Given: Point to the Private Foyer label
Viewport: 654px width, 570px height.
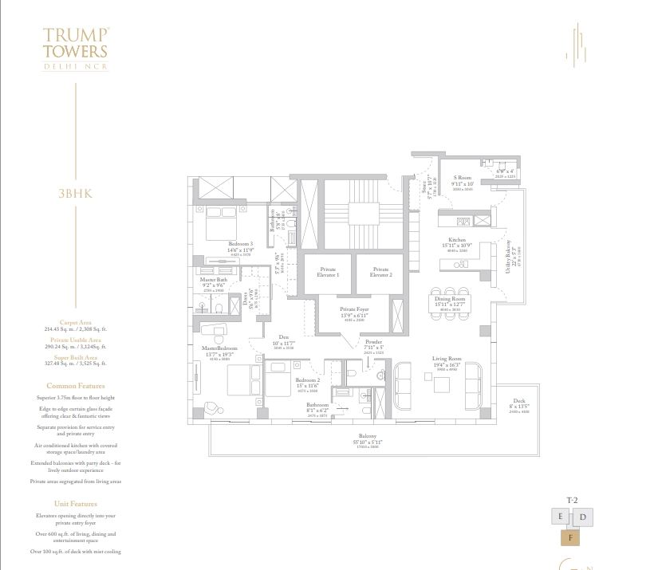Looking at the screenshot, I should tap(353, 309).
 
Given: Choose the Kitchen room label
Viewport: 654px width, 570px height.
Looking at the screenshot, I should tap(456, 239).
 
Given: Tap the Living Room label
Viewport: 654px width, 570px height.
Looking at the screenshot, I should tap(447, 359).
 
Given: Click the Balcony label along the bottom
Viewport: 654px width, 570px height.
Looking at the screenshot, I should tap(367, 436).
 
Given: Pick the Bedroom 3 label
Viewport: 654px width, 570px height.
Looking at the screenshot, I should tap(240, 243).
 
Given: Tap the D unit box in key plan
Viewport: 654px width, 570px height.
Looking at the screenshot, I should tap(583, 517).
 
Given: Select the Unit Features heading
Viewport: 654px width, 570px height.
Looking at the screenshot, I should tap(75, 504).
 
